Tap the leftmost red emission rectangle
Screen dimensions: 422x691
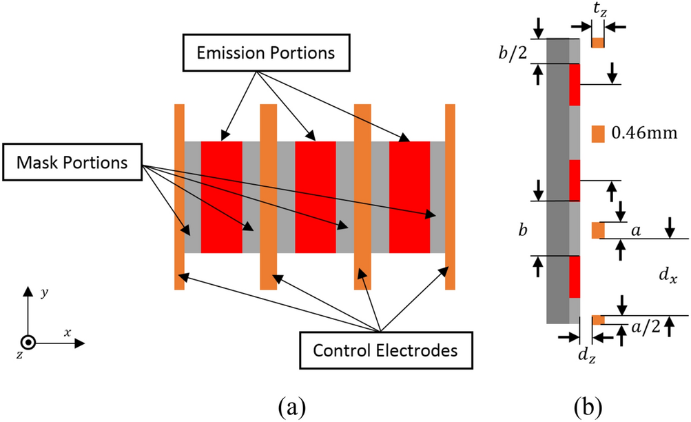(222, 197)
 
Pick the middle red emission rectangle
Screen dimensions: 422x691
(316, 197)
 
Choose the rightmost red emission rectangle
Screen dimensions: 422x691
(409, 197)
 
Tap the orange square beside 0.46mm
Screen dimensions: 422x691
(598, 132)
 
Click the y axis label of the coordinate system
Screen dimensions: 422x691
(44, 292)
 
